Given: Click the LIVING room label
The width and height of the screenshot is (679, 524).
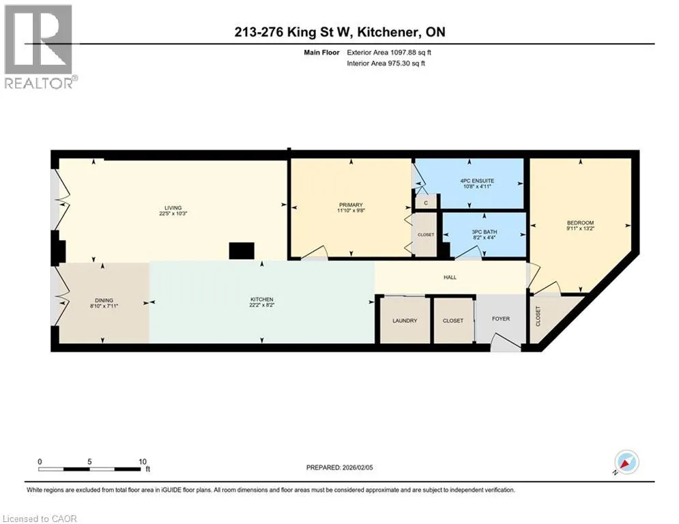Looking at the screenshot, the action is coord(173,208).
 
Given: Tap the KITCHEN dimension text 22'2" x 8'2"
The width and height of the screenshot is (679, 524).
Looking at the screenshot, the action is coord(262,305).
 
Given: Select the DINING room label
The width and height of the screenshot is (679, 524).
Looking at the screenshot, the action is coord(104,300).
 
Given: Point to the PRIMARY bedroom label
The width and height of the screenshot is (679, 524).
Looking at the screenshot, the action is coord(351,205).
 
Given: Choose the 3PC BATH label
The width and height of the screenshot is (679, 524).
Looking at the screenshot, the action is coord(485,232).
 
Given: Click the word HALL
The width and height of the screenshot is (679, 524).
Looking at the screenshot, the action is coord(450,277).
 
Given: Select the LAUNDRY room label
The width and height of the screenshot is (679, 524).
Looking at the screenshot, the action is coord(405,321).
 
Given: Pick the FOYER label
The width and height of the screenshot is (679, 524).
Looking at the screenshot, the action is coord(501,319).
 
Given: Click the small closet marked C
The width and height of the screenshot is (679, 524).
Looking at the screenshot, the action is coord(426,202).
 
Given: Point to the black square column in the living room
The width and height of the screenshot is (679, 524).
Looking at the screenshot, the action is coord(242,250).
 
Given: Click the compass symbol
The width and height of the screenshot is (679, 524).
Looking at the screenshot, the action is coord(626,462).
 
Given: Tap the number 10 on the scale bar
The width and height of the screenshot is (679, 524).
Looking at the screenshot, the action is coord(143,462).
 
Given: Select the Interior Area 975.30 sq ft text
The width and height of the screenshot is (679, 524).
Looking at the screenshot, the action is coord(386,63).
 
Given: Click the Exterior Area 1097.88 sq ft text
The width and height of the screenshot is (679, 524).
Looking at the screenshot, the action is coord(389,53).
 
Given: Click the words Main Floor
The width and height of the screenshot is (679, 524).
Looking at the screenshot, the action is coord(321,53).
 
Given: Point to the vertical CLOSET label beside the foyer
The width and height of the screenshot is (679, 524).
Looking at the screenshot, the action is coord(538,316).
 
